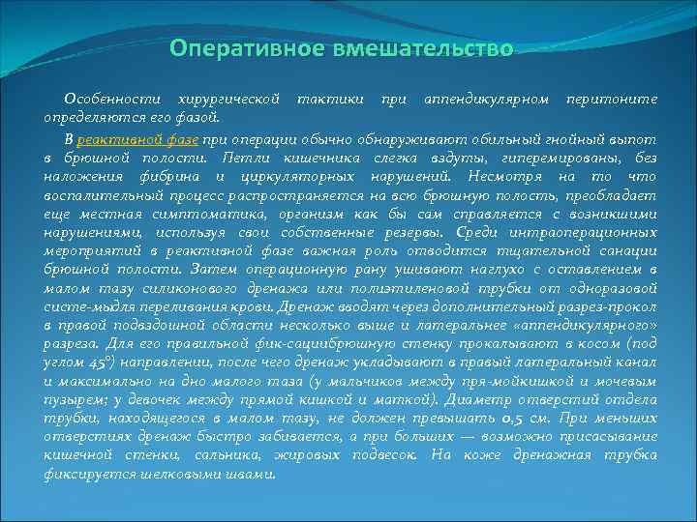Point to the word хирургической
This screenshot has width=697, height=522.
pyautogui.click(x=226, y=100)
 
